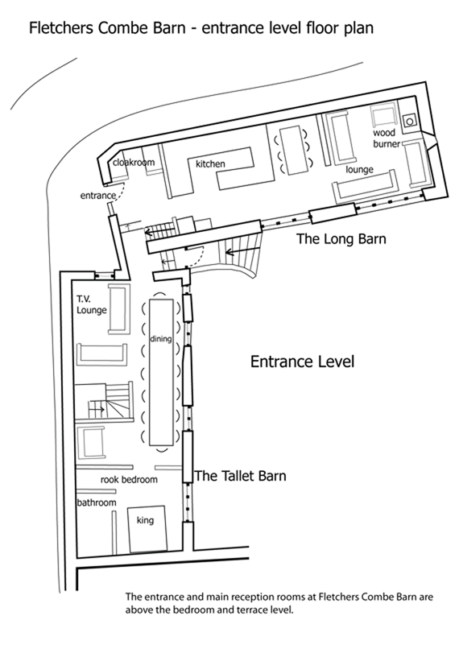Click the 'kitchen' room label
[x=210, y=164]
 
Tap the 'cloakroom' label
[x=134, y=163]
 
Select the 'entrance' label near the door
[x=97, y=196]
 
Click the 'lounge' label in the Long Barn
[x=360, y=169]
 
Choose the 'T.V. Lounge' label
[x=92, y=304]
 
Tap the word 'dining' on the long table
[x=160, y=339]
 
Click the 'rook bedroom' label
[x=129, y=480]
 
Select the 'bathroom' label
[x=97, y=502]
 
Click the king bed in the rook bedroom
[x=147, y=529]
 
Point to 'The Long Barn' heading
[x=341, y=239]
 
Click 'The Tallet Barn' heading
[x=240, y=476]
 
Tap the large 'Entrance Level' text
[x=303, y=362]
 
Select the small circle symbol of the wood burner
[x=409, y=122]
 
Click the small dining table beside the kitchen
[x=292, y=151]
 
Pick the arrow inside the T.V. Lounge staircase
[x=97, y=409]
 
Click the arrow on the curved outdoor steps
[x=242, y=250]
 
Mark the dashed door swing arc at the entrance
[x=120, y=194]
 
